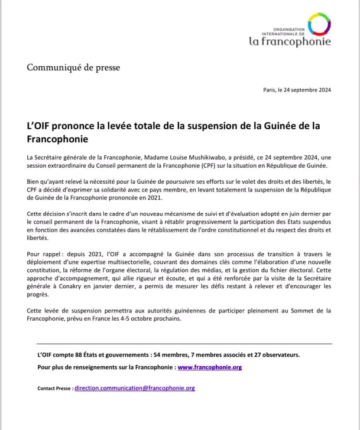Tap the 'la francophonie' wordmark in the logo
[x=289, y=41]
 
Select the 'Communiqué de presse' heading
[x=73, y=67]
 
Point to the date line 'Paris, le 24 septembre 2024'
[x=297, y=90]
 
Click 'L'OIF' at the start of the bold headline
[x=40, y=126]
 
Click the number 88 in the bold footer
[x=79, y=355]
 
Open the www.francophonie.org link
[x=209, y=367]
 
